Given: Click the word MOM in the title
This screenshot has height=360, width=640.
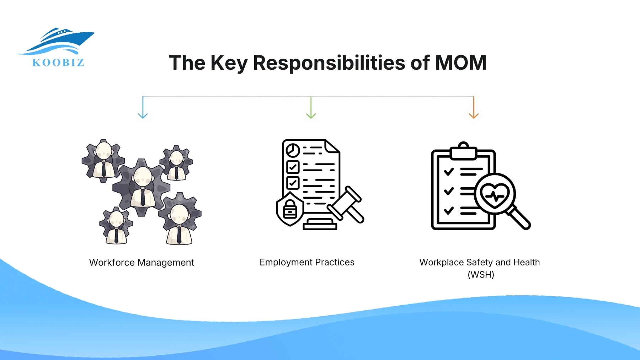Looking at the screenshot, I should pyautogui.click(x=461, y=63).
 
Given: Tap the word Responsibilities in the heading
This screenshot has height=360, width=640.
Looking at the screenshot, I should pyautogui.click(x=329, y=63).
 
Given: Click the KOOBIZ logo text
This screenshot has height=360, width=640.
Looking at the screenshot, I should pyautogui.click(x=58, y=63).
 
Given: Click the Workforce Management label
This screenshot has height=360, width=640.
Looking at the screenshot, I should pyautogui.click(x=142, y=263).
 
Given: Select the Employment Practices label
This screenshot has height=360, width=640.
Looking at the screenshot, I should pyautogui.click(x=307, y=262).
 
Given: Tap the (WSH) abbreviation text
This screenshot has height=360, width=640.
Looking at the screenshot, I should pyautogui.click(x=481, y=274).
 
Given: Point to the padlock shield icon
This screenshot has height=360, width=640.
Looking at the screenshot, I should pyautogui.click(x=290, y=209).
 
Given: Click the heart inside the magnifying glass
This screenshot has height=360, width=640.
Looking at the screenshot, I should pyautogui.click(x=495, y=195).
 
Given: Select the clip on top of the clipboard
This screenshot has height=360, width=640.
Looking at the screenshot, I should pyautogui.click(x=463, y=151).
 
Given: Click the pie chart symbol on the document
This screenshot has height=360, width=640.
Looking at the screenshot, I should pyautogui.click(x=293, y=150).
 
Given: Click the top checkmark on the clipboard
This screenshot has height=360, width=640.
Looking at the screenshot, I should pyautogui.click(x=449, y=172).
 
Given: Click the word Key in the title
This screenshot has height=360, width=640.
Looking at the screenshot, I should pyautogui.click(x=229, y=63).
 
